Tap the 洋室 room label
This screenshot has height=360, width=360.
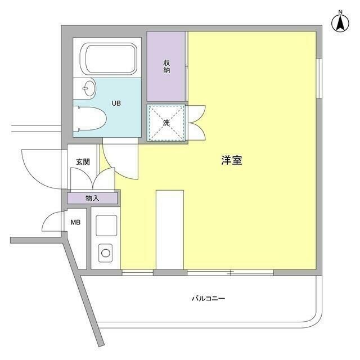click(x=231, y=160)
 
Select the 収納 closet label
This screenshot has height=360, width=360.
click(x=167, y=66)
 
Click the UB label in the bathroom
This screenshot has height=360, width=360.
click(x=116, y=103)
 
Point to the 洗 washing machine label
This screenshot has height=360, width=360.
click(x=166, y=123)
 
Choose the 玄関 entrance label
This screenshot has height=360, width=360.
click(x=83, y=162)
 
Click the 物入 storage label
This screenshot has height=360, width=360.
click(x=92, y=198)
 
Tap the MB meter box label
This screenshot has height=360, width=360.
click(x=75, y=222)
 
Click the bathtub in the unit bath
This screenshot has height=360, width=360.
click(x=110, y=58)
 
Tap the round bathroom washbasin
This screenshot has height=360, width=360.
click(x=87, y=88)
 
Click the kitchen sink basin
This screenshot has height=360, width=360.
click(x=106, y=226)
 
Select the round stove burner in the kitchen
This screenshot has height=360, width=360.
click(x=106, y=253)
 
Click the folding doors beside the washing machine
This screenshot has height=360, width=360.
click(x=197, y=123)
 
